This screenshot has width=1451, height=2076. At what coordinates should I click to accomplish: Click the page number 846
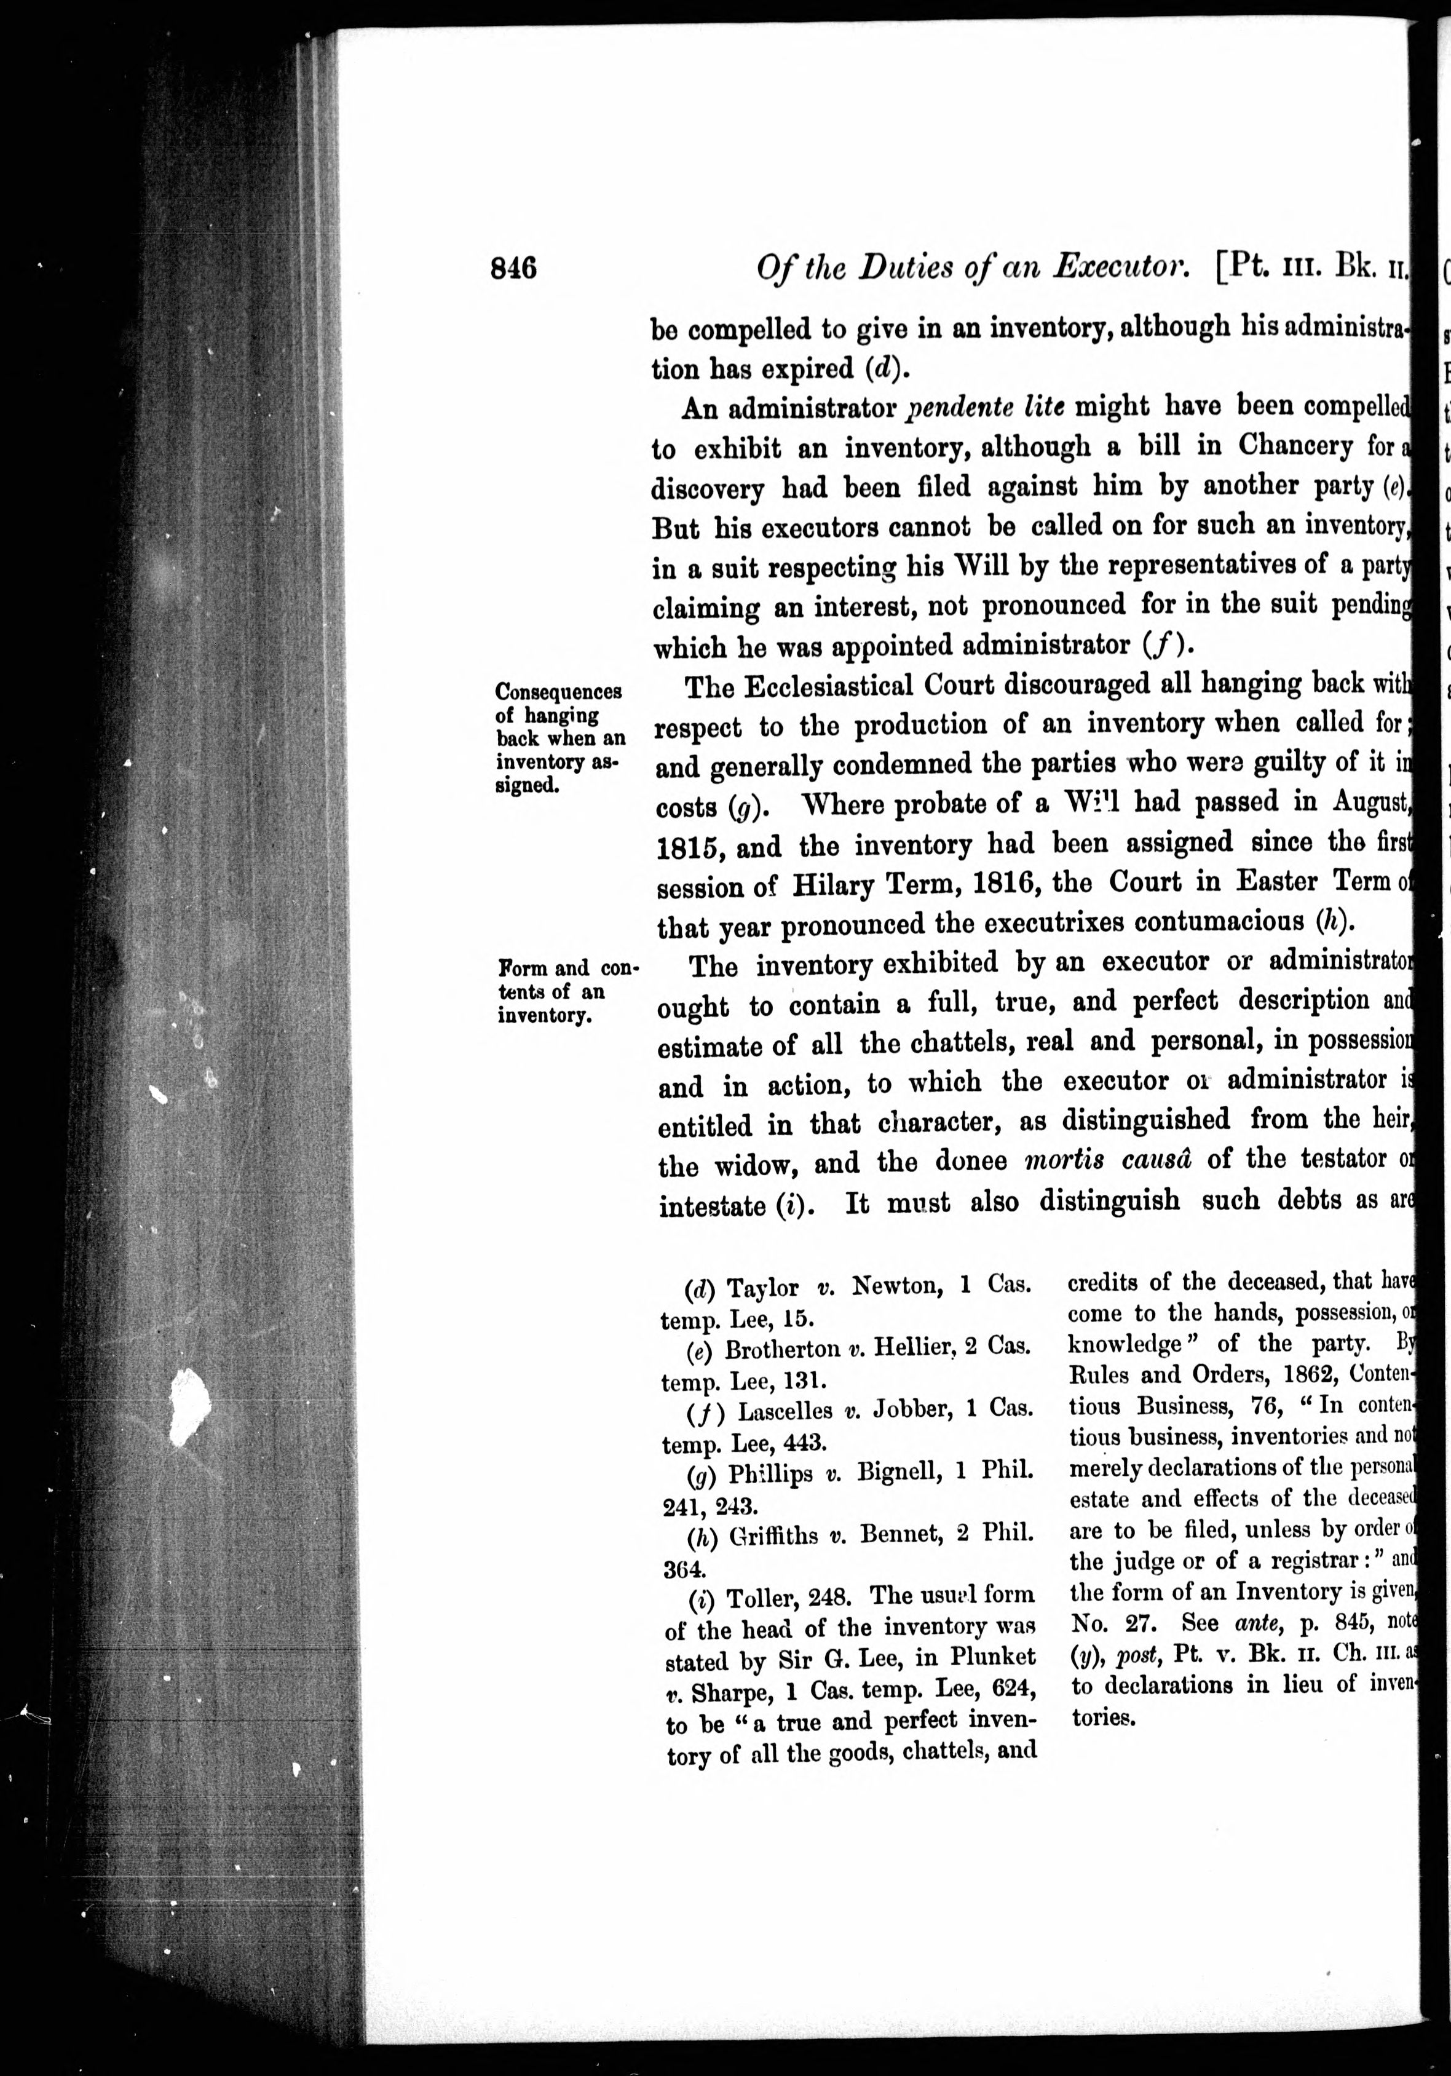tap(513, 269)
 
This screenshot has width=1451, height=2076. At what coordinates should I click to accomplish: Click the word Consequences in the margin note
tap(558, 692)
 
